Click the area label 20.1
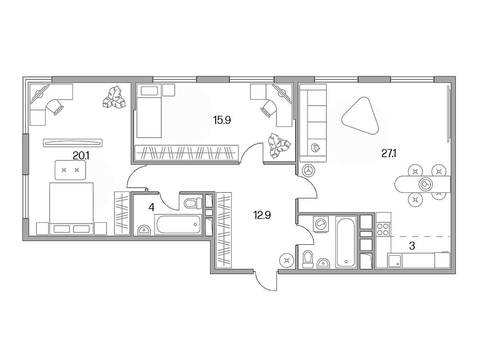[81, 156]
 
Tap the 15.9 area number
[222, 120]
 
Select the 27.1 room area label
[389, 154]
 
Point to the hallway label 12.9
[262, 215]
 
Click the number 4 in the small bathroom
[151, 207]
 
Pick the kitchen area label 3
[412, 246]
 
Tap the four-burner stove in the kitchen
[383, 229]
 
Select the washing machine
[321, 224]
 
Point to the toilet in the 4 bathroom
[193, 203]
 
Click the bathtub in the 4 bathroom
[178, 224]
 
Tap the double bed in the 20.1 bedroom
[72, 208]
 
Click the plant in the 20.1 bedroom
[114, 97]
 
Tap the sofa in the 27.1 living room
[313, 123]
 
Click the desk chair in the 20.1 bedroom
[55, 106]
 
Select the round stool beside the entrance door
[286, 260]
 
